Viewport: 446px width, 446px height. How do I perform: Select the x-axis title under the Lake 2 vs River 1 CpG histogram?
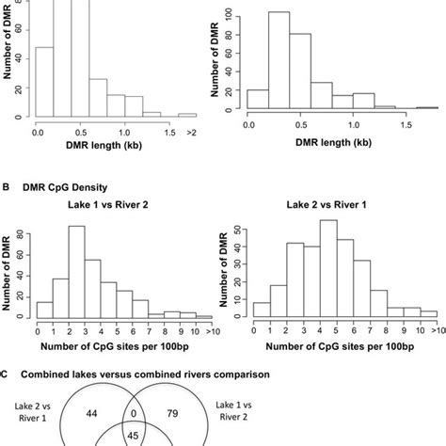tap(337, 344)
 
